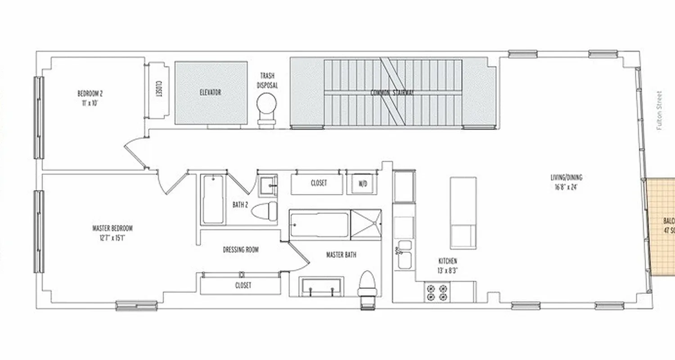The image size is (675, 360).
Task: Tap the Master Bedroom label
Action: click(x=112, y=233)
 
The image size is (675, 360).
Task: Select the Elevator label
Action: click(x=210, y=93)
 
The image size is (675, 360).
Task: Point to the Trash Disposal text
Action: click(x=267, y=80)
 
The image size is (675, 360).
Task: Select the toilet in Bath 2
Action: click(x=265, y=211)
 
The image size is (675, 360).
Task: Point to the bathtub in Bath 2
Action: click(x=212, y=199)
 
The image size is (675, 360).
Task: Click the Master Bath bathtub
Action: click(x=319, y=225)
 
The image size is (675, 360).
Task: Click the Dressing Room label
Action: click(x=241, y=250)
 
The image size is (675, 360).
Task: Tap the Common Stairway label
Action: click(x=392, y=93)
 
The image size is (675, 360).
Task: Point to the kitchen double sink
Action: click(x=405, y=253)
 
